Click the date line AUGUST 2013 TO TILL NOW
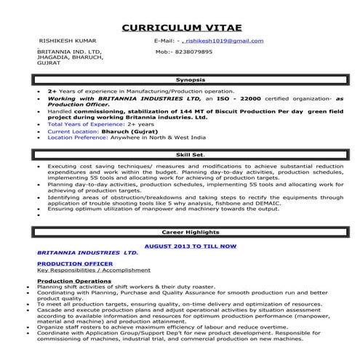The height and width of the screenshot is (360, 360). [x=191, y=247]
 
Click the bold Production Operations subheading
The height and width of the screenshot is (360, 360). [x=74, y=280]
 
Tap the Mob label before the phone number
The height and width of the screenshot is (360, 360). [x=165, y=52]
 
